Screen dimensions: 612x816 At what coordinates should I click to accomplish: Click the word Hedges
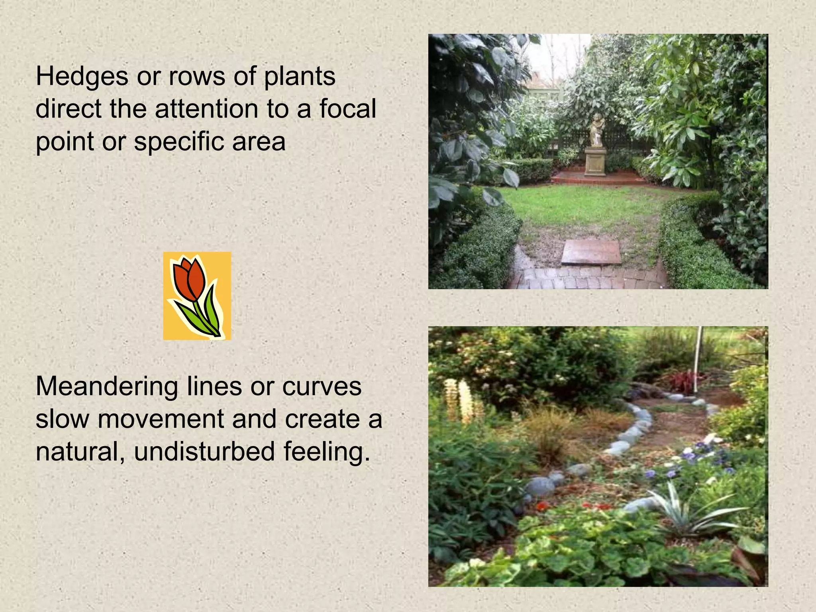(82, 77)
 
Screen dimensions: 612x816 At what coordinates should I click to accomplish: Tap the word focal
(347, 109)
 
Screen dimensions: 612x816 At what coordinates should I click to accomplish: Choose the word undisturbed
(204, 452)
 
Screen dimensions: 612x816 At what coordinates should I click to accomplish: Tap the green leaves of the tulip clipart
(207, 315)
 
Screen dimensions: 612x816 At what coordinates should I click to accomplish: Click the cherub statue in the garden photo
(596, 130)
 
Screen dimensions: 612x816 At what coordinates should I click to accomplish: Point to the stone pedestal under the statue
(595, 161)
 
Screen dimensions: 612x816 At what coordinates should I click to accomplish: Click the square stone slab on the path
(591, 252)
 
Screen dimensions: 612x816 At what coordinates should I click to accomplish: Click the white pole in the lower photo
(698, 359)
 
